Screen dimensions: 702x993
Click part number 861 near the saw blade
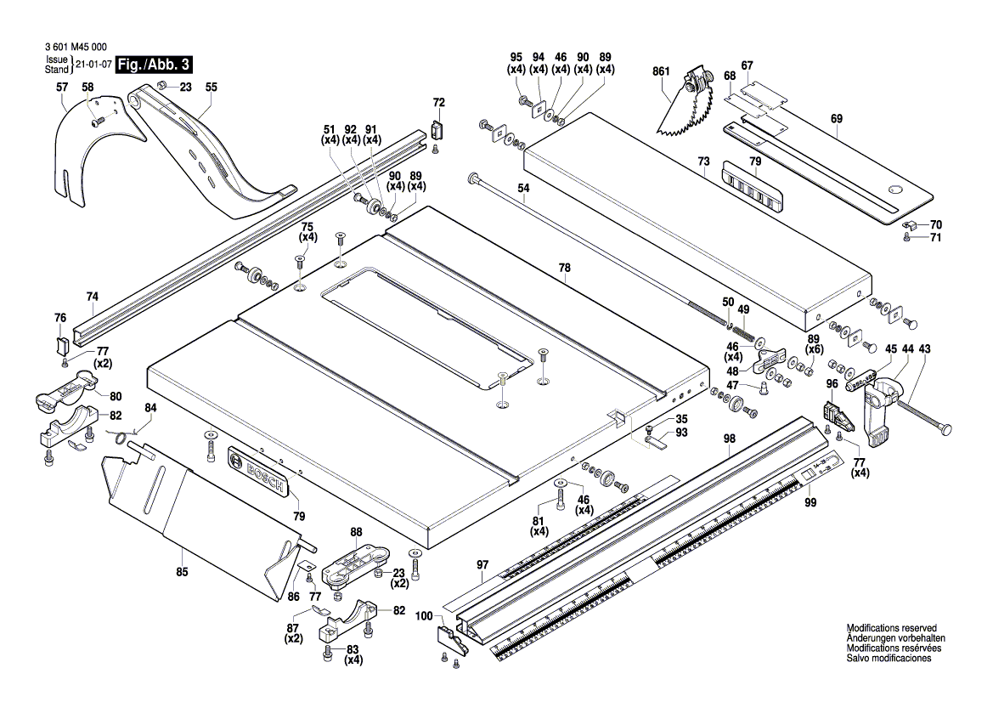(663, 73)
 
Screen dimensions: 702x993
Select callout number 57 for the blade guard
(61, 87)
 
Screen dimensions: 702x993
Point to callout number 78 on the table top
(563, 267)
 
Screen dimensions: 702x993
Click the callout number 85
(181, 572)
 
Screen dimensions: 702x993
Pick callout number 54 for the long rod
(523, 186)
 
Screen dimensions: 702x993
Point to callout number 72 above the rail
(438, 103)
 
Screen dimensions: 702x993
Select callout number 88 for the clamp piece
(356, 532)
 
